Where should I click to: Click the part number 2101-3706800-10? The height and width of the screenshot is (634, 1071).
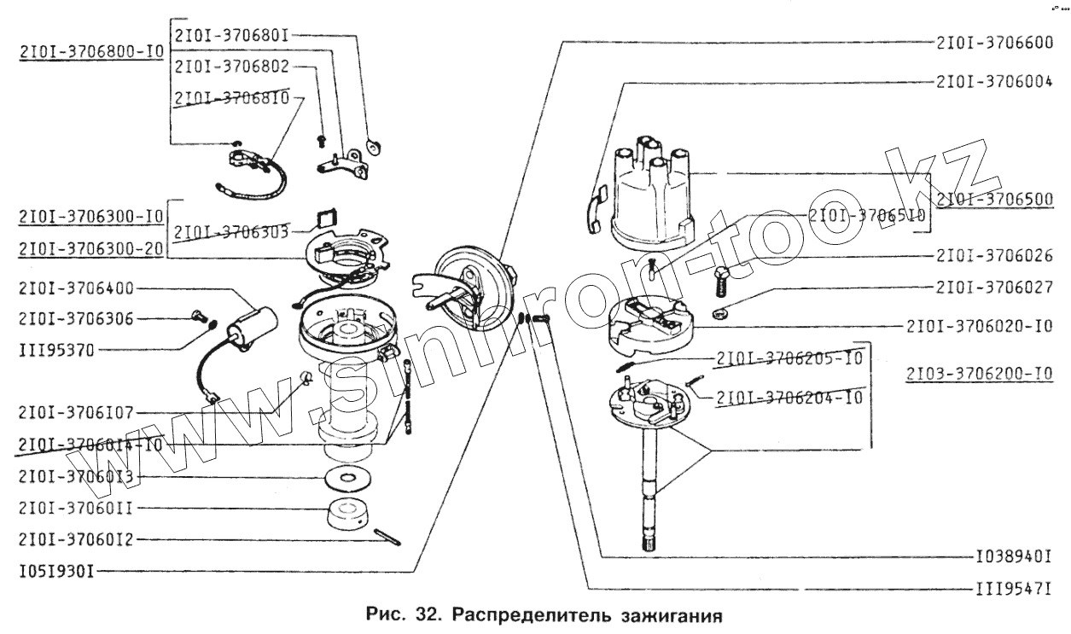[90, 52]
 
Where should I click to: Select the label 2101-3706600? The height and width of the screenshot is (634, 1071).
[993, 44]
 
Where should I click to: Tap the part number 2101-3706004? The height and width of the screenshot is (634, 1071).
[993, 83]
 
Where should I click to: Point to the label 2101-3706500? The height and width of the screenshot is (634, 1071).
[993, 201]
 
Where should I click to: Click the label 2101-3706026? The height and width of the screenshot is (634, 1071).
[993, 255]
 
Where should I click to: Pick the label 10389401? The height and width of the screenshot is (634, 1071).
[1012, 557]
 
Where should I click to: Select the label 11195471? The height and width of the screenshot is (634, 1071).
[1012, 589]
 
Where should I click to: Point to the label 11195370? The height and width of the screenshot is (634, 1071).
[56, 349]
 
